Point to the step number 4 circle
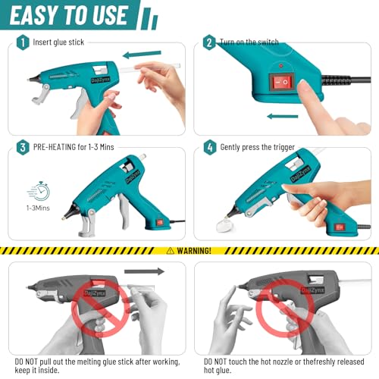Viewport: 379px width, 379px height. coord(209,147)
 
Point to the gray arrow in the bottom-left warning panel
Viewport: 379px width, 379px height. coord(144,271)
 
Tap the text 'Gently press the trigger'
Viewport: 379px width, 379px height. coord(262,147)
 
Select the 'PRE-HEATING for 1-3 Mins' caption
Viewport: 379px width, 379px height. coord(73,147)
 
